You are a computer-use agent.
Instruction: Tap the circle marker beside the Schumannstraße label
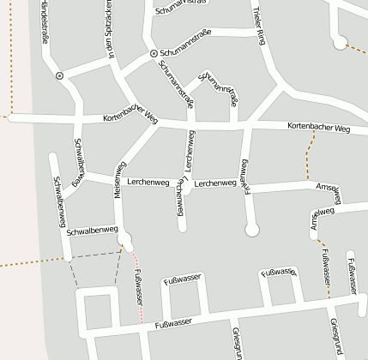pyautogui.click(x=154, y=53)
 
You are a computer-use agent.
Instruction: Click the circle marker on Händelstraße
pyautogui.click(x=59, y=75)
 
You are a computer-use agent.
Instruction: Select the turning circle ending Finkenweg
pyautogui.click(x=251, y=229)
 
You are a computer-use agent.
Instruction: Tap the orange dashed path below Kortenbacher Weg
pyautogui.click(x=307, y=154)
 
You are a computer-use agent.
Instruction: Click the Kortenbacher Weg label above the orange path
pyautogui.click(x=318, y=129)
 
